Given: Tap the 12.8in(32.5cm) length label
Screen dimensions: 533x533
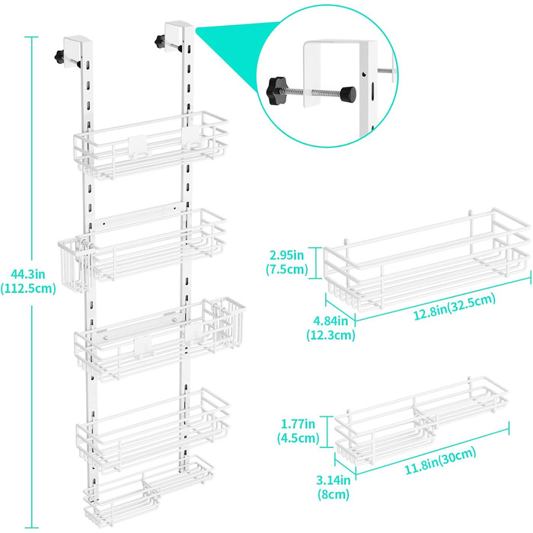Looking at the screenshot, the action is pos(455,307).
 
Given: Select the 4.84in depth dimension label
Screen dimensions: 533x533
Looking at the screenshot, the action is pos(330,327).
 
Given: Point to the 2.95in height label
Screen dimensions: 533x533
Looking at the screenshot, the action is pos(287,262).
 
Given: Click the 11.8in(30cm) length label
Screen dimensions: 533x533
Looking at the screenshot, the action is pos(440,461).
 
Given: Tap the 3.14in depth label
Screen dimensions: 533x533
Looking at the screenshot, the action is pos(334,487).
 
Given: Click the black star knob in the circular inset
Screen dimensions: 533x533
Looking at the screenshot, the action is pos(276,91).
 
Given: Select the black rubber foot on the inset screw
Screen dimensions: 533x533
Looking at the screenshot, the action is pos(349,94).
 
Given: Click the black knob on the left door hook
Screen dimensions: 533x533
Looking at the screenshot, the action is pos(59,56).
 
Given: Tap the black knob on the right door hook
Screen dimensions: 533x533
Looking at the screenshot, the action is pos(158,41).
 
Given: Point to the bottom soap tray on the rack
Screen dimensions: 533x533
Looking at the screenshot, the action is pos(148,490).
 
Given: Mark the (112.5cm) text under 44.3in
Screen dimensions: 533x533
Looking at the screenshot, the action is pos(28,289).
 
